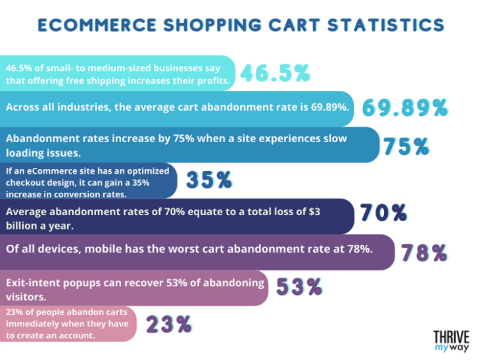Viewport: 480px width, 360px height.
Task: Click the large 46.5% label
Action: point(275,73)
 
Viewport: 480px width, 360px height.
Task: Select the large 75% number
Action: point(406,146)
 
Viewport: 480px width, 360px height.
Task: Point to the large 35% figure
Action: point(208,180)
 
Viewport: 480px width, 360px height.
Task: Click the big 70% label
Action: point(382,213)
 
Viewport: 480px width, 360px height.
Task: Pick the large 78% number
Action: point(424,251)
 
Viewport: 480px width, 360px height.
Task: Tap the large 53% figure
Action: point(299,287)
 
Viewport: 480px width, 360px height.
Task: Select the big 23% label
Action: point(168,323)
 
